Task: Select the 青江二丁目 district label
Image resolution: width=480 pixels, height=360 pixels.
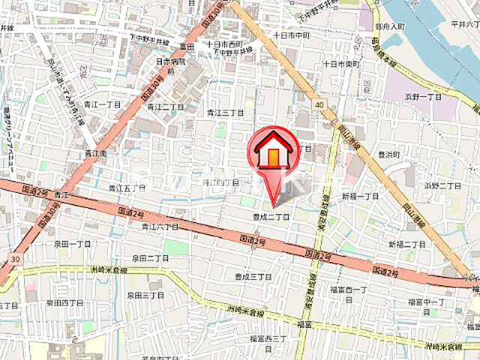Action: click(x=165, y=106)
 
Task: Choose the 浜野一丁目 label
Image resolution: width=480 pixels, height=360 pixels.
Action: click(x=424, y=97)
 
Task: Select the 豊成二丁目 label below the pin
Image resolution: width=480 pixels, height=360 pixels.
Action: click(x=271, y=217)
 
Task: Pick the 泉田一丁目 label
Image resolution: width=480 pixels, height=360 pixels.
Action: click(x=72, y=244)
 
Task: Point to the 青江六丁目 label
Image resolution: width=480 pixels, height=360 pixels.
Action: click(x=160, y=226)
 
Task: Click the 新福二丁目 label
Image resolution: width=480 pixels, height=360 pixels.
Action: click(x=406, y=245)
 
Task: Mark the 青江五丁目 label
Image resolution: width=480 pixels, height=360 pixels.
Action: click(x=126, y=188)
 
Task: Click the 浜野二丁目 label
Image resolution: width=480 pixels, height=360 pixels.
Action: click(x=442, y=184)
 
